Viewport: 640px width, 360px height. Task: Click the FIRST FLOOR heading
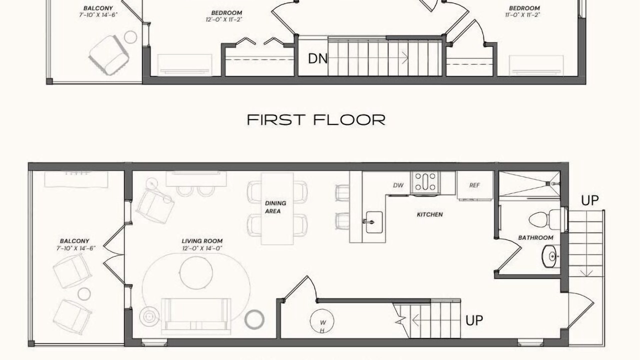coord(316,119)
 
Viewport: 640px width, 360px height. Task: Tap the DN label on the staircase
coord(317,58)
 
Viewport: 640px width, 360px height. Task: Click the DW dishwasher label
coord(398,185)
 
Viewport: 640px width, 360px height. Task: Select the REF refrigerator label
coord(474,185)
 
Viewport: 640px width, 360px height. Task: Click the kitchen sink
coord(374,222)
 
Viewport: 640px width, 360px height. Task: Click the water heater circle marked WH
coord(322,321)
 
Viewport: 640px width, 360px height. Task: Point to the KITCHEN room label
coord(429,214)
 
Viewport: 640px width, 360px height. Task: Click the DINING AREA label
coord(275,207)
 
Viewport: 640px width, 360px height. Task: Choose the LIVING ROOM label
coord(202,241)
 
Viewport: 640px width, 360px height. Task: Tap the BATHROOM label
coord(535,237)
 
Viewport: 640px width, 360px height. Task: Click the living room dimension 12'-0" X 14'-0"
coord(202,248)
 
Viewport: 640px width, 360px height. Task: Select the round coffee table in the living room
coord(196,273)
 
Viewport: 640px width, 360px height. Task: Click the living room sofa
coord(196,316)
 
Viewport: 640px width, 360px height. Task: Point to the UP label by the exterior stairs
coord(589,200)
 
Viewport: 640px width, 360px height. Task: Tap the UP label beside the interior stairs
coord(474,320)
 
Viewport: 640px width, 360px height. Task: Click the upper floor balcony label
coord(98,8)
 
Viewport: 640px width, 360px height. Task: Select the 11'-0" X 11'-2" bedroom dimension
coord(522,15)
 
